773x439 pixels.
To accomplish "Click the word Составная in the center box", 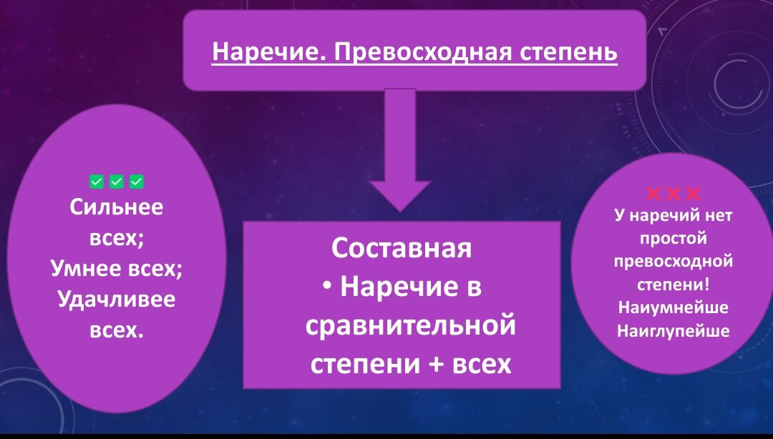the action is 402,248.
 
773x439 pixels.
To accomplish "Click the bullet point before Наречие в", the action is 327,287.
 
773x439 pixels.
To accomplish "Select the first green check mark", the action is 97,182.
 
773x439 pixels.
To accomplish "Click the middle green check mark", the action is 117,182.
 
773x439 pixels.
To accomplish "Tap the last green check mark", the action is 136,182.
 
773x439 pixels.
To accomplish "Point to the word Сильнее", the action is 117,207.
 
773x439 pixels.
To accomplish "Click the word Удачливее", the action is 117,299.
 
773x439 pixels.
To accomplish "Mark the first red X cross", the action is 654,193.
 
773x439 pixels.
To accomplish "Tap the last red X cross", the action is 693,193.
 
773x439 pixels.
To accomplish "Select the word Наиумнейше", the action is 673,308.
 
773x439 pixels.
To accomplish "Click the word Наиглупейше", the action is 673,331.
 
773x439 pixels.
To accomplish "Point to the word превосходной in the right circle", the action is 673,261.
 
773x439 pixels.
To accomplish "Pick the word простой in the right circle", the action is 673,238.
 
